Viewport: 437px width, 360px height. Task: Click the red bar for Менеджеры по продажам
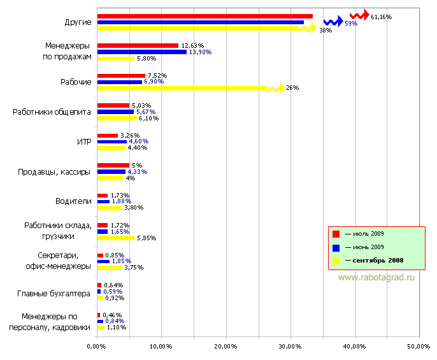(138, 45)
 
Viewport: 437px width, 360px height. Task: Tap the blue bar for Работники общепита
(115, 112)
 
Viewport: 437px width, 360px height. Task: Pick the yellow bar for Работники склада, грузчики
(116, 238)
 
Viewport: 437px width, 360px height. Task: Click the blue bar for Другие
(201, 22)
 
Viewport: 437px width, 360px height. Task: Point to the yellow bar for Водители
(110, 207)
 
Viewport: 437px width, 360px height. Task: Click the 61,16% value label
(381, 17)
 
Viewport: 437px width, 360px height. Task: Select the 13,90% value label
(199, 52)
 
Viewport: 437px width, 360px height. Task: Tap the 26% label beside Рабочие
(292, 88)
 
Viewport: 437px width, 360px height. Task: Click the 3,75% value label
(133, 268)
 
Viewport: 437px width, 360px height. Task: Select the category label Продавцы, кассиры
(54, 171)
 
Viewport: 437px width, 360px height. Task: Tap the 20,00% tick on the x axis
(225, 346)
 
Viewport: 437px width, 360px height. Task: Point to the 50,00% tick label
(419, 346)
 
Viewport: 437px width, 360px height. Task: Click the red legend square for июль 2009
(336, 233)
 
